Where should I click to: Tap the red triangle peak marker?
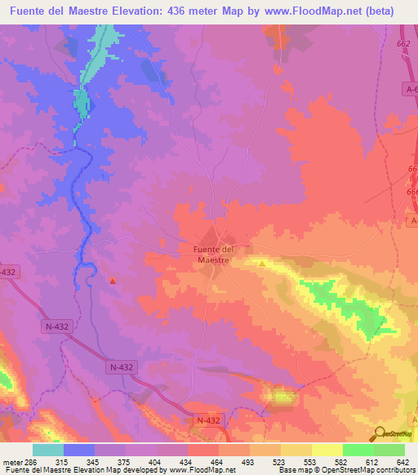click(113, 281)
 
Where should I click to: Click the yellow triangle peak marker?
click(261, 263)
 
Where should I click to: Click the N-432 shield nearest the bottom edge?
click(208, 420)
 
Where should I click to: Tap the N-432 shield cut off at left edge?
click(7, 271)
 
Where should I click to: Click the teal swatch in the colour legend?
click(48, 451)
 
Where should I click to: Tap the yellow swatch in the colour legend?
click(327, 451)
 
